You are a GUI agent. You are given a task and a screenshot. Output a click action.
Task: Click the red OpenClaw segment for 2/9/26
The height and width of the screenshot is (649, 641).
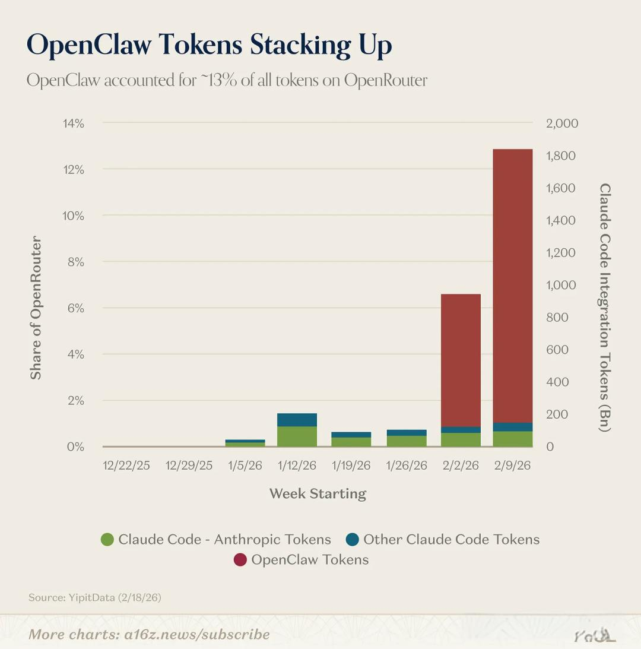coord(513,285)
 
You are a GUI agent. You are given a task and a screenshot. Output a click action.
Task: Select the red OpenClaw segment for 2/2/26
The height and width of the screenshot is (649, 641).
coord(461,360)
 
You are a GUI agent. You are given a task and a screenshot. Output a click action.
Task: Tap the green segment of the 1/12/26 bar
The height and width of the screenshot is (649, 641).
coord(297,436)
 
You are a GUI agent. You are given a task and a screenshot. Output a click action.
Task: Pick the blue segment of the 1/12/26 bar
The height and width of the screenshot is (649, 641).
coord(297,420)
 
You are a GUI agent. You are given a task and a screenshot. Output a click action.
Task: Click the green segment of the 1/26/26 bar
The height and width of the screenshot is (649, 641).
coord(407,441)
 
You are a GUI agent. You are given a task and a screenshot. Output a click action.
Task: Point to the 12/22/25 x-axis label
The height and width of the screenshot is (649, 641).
coord(126,466)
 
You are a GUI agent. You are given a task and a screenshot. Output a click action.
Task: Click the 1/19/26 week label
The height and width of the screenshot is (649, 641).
coord(351,466)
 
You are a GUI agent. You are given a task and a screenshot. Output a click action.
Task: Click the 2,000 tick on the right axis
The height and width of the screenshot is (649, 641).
coord(561,124)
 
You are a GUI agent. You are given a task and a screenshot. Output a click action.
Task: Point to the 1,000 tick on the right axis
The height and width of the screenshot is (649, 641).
coord(561,285)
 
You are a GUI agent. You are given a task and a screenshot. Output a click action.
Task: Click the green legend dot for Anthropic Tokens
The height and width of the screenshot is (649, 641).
coord(107,540)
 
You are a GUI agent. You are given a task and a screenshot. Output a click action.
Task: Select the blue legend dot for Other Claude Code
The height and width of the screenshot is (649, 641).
coord(353,540)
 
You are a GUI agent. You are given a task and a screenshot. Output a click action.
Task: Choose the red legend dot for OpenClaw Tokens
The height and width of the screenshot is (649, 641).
coord(240,560)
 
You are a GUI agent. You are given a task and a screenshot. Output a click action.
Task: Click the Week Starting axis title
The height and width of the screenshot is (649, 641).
coord(318,493)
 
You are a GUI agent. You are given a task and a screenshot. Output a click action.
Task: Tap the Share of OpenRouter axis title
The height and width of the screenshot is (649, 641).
coord(36,308)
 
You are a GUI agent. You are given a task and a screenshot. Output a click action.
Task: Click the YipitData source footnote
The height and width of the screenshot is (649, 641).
coord(94,597)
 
